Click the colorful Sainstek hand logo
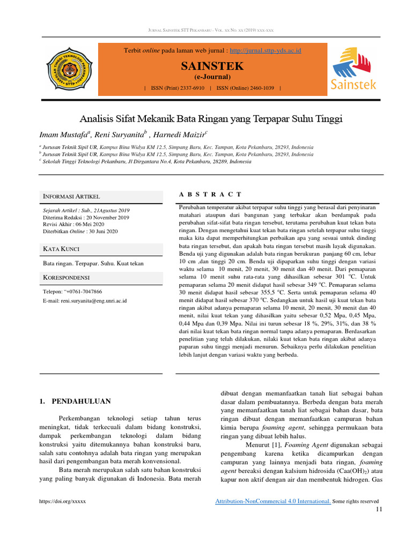(x=352, y=68)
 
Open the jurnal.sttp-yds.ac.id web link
(x=265, y=50)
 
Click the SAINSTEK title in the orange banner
(x=213, y=66)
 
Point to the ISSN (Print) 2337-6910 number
(x=178, y=87)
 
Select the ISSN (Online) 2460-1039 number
(x=247, y=87)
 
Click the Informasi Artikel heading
(x=71, y=197)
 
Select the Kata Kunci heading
(x=62, y=248)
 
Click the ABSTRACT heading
(x=209, y=194)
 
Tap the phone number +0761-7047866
(x=83, y=292)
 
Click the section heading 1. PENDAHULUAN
(x=76, y=400)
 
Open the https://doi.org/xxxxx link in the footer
(x=63, y=501)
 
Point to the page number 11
(x=379, y=509)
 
